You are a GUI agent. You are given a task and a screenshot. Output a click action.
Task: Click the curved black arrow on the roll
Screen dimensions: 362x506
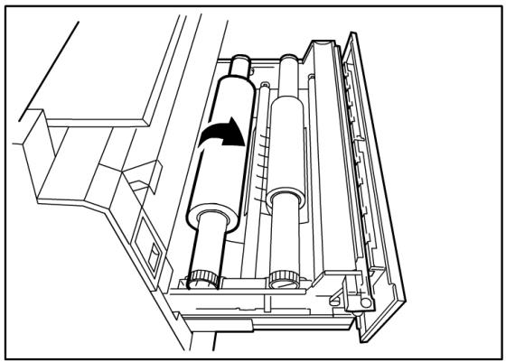222,135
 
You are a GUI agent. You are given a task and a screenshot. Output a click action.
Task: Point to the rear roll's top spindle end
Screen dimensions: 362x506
286,66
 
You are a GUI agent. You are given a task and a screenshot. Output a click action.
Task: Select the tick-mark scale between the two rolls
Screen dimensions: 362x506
260,162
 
